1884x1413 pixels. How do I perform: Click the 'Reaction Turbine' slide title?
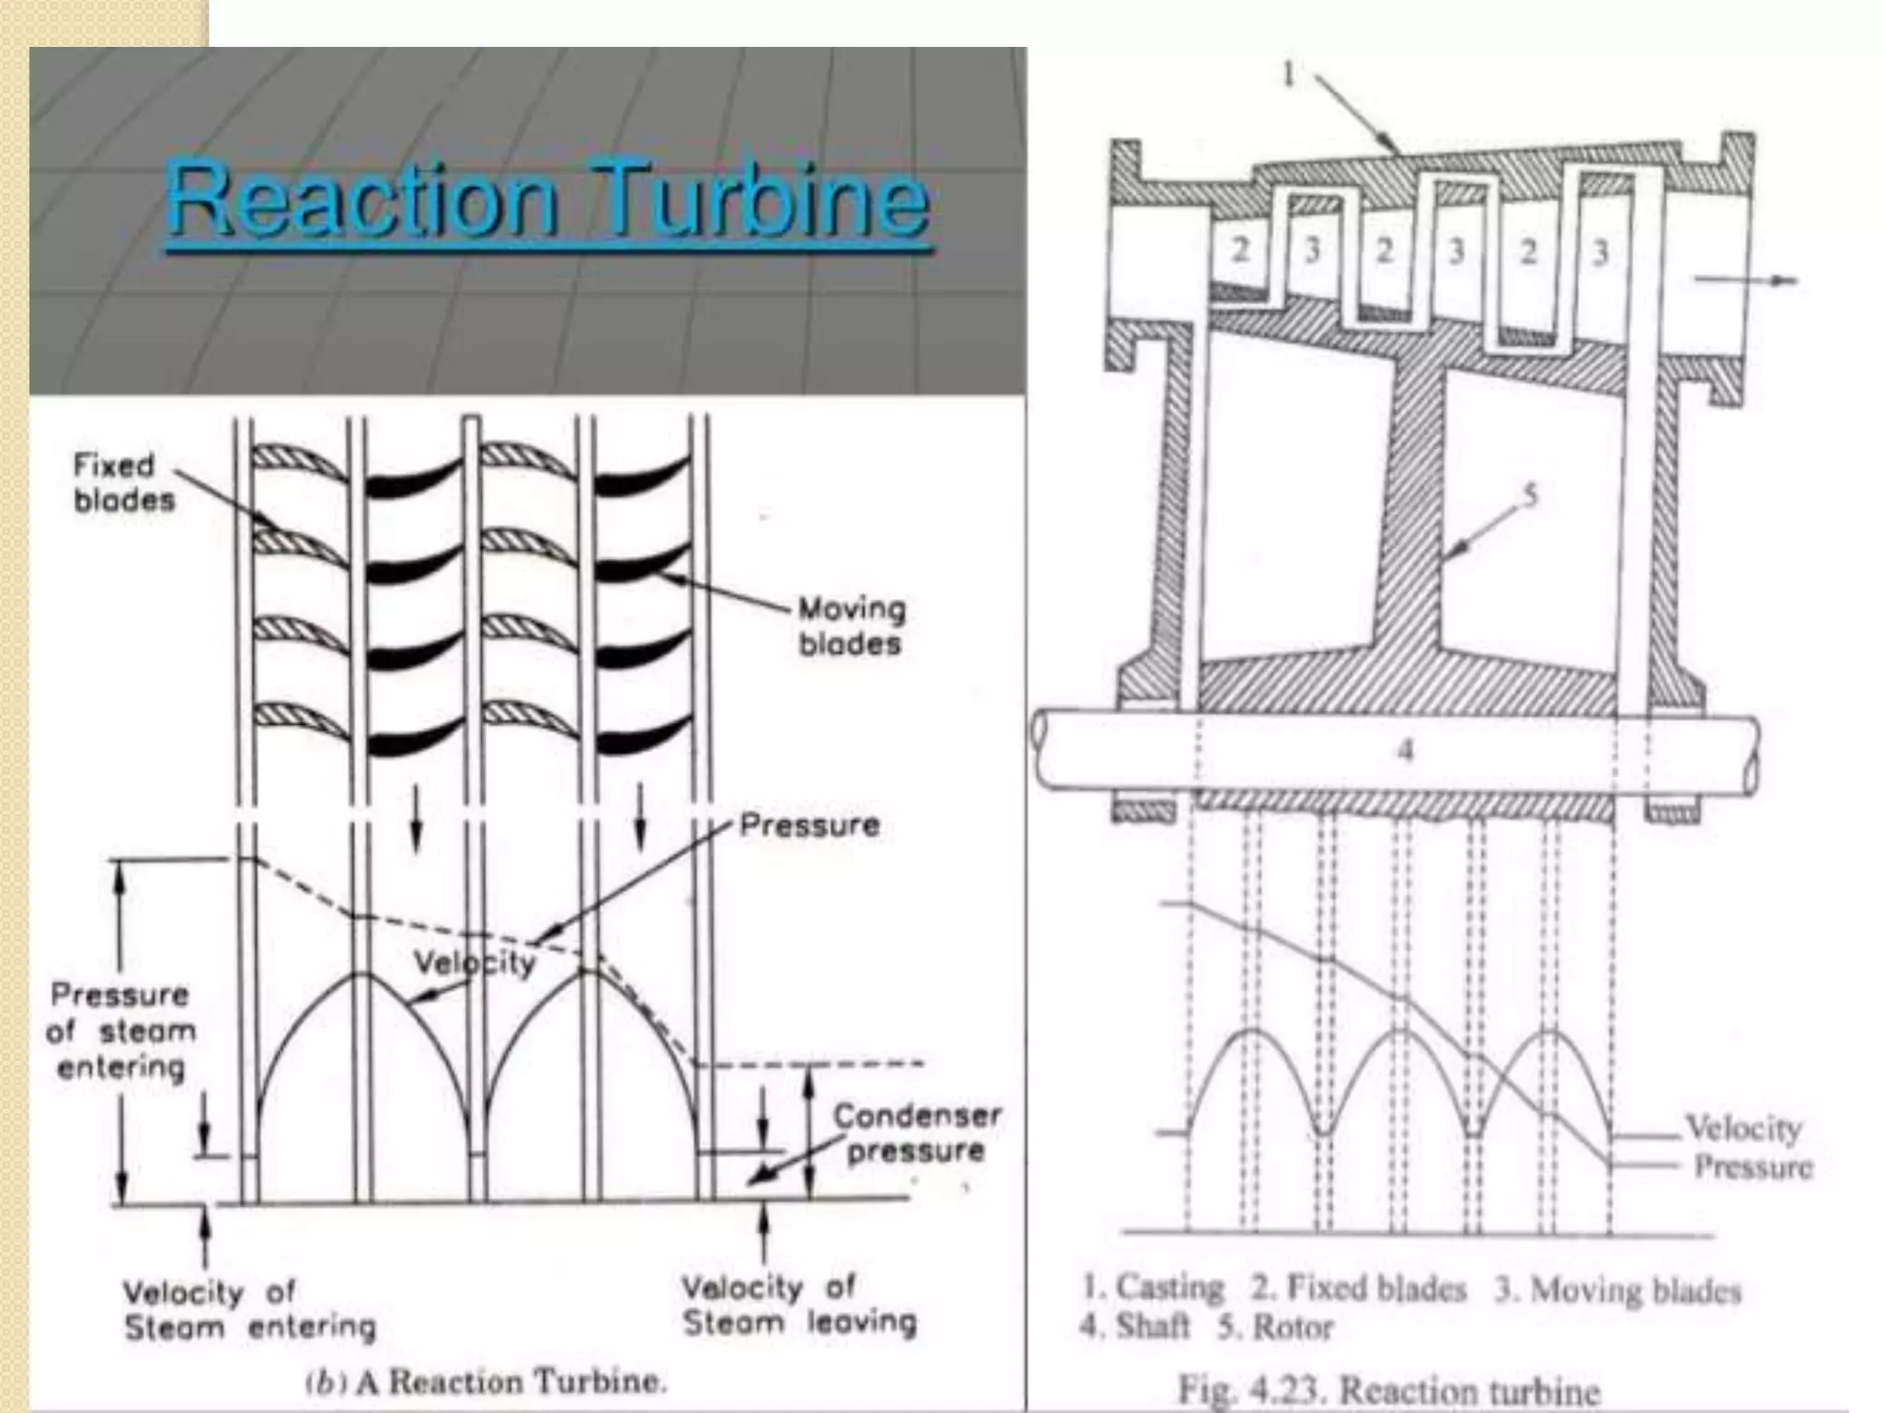[x=548, y=199]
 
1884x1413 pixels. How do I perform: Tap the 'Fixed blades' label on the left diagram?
[x=123, y=482]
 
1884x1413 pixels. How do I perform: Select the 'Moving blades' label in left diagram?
[x=851, y=626]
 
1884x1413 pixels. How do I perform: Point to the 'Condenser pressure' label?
[x=916, y=1132]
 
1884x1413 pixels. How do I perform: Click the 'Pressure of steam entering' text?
[x=121, y=1030]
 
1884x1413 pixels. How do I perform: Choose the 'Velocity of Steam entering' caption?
[x=249, y=1310]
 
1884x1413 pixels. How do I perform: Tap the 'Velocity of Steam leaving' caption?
[x=798, y=1304]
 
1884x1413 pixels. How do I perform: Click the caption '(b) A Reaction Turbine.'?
[x=486, y=1382]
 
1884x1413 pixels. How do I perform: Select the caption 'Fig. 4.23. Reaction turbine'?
[x=1389, y=1390]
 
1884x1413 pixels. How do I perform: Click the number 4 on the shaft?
[x=1405, y=751]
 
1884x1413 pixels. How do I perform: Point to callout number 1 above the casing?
[x=1289, y=74]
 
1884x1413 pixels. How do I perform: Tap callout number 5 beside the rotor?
[x=1530, y=496]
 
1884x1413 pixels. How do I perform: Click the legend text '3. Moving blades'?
[x=1617, y=1290]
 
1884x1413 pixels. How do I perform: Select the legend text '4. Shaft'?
[x=1134, y=1327]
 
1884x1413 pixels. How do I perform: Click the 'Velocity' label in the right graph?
[x=1743, y=1128]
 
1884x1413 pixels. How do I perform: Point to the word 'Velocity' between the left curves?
[x=474, y=962]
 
